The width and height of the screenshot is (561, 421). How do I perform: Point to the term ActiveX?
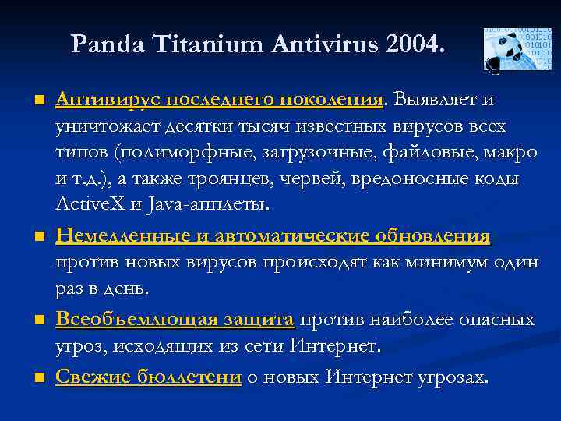(x=90, y=205)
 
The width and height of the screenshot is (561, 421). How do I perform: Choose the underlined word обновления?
(x=432, y=235)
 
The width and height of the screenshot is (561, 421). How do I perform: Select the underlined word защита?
(x=256, y=320)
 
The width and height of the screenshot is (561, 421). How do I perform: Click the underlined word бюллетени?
(x=189, y=377)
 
